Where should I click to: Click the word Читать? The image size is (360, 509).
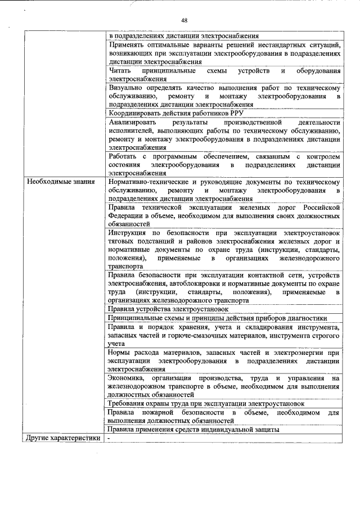tap(120, 71)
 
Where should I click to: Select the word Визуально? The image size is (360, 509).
tap(127, 88)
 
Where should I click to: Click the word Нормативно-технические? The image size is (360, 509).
tap(149, 182)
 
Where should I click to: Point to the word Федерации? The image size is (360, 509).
tap(127, 215)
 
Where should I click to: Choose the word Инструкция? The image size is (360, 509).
tap(129, 232)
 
